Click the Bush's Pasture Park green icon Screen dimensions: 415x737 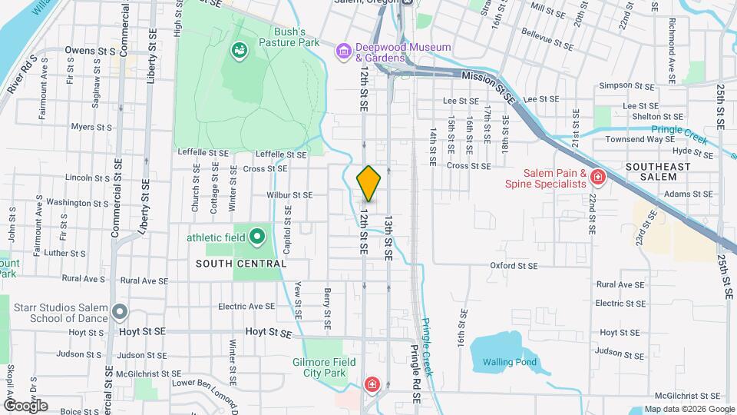(x=240, y=51)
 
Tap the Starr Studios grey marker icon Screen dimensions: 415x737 (x=119, y=312)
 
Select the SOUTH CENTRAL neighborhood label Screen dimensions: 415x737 (x=241, y=264)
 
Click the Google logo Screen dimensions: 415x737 (x=25, y=405)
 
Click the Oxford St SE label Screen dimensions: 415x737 (x=514, y=266)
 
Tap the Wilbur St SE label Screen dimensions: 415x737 (x=289, y=195)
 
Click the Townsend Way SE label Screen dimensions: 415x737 (x=640, y=139)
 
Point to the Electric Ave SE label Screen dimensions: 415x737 (x=246, y=306)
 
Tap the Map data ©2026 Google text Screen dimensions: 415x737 (x=688, y=409)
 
